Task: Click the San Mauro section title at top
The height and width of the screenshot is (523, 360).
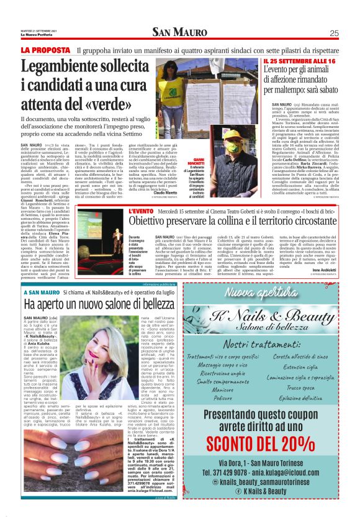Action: [179, 33]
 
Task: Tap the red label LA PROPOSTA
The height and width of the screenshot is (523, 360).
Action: [44, 50]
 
